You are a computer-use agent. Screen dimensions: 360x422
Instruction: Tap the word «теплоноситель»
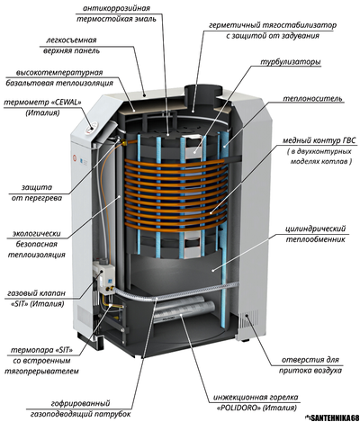[x=312, y=98]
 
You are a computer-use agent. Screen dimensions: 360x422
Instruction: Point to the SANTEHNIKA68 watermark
[x=332, y=418]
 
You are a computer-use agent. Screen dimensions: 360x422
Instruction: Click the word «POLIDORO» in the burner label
[x=238, y=409]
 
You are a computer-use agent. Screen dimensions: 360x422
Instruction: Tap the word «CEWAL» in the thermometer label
[x=67, y=103]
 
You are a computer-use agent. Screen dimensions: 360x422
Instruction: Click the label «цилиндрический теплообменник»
[x=315, y=234]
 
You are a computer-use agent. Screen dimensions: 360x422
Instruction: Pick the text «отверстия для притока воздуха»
[x=310, y=364]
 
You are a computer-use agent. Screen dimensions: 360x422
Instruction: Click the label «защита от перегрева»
[x=37, y=193]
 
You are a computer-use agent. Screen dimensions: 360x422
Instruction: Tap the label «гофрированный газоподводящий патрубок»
[x=81, y=409]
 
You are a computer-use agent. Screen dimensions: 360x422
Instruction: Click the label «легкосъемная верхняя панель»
[x=71, y=45]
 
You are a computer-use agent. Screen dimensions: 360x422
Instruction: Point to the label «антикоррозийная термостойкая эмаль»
[x=116, y=13]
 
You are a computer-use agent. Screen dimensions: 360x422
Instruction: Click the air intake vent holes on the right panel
[x=248, y=320]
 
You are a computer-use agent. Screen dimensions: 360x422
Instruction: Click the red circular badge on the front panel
[x=75, y=157]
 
